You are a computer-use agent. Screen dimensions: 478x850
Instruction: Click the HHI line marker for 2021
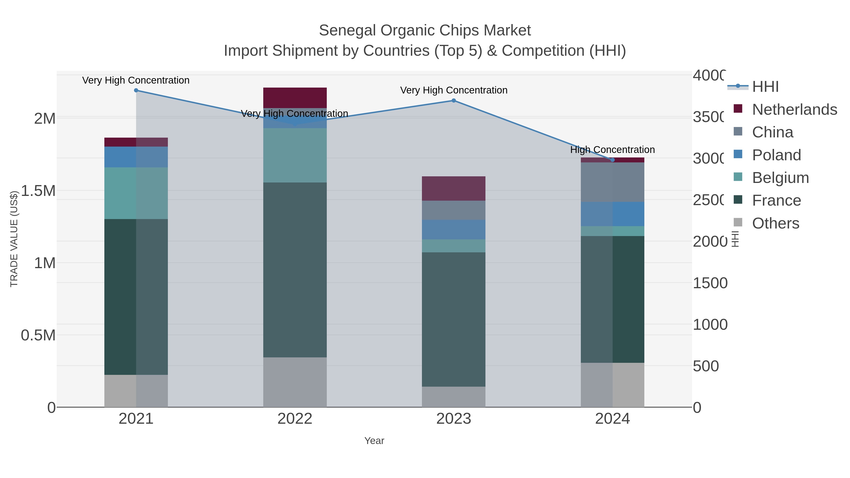click(x=136, y=90)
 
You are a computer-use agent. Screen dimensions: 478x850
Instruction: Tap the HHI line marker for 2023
click(x=454, y=101)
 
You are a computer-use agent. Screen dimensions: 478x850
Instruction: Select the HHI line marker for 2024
click(x=613, y=160)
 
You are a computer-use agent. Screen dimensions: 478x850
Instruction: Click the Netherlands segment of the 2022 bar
click(x=295, y=98)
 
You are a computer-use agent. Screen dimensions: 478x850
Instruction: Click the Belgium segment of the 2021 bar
click(x=136, y=193)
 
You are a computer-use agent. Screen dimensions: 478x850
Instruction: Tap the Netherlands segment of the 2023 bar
click(x=454, y=188)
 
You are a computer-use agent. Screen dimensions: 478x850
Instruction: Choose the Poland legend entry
click(x=776, y=155)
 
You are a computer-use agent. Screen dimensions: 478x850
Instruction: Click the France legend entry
click(x=776, y=201)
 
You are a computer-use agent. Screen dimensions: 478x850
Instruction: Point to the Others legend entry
click(x=775, y=223)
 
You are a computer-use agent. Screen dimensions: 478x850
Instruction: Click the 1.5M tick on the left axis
click(x=38, y=191)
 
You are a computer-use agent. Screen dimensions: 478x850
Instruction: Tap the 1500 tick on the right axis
click(x=710, y=283)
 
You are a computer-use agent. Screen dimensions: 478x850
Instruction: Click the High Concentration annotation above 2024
click(x=612, y=150)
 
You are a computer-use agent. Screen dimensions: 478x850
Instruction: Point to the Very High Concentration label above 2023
click(x=454, y=90)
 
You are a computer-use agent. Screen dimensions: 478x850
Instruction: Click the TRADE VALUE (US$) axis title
click(x=14, y=239)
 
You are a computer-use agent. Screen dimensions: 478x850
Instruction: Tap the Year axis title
click(x=374, y=441)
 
